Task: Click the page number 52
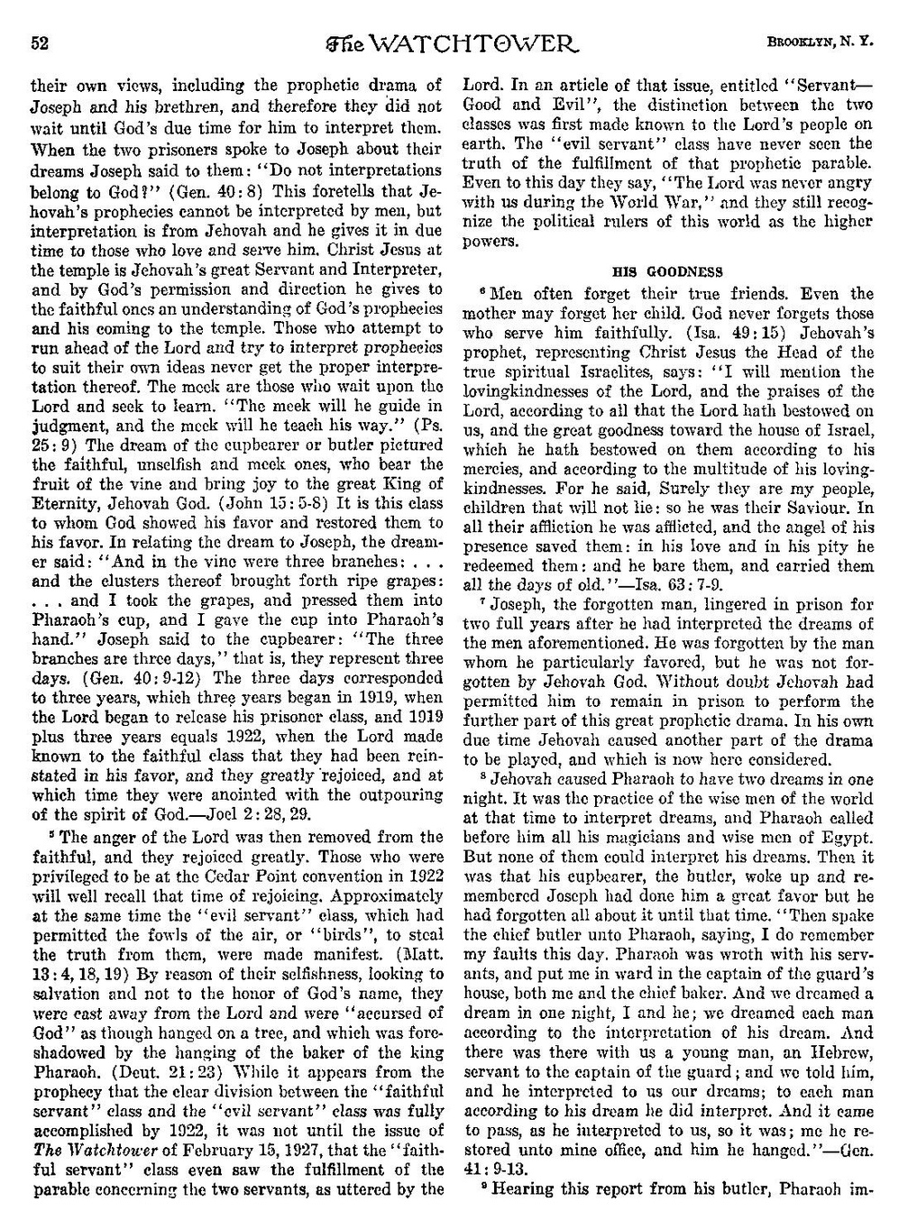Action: (38, 42)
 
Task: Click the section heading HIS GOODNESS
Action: (667, 271)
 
